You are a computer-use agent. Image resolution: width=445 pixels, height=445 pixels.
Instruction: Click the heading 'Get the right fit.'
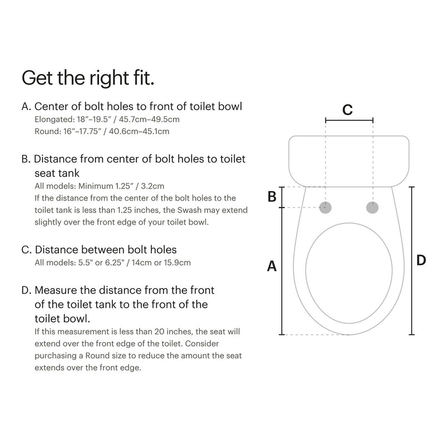[87, 77]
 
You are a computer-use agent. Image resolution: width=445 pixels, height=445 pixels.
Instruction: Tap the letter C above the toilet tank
[347, 110]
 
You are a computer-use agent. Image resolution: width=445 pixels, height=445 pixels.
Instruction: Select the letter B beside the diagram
[272, 196]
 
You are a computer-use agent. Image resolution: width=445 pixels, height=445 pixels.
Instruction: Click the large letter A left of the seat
[272, 266]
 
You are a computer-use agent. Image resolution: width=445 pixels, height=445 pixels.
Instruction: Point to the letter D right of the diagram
[421, 260]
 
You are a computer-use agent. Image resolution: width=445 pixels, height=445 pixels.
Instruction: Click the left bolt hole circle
[327, 207]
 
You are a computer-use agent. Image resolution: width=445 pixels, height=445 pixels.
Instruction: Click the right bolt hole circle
[372, 207]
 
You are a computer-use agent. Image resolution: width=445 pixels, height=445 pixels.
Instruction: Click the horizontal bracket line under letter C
[349, 120]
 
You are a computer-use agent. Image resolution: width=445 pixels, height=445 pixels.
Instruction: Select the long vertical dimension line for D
[411, 260]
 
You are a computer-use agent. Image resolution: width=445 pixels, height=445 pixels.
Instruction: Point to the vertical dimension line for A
[282, 271]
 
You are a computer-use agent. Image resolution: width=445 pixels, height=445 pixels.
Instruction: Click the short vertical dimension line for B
[282, 197]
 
